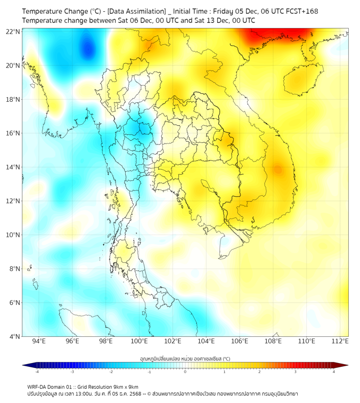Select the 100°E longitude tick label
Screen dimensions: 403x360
click(x=140, y=341)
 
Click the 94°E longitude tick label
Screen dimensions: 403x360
click(x=39, y=341)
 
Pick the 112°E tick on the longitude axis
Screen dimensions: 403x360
click(x=340, y=341)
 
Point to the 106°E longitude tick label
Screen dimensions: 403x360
click(x=240, y=341)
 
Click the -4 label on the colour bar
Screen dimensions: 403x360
click(x=37, y=372)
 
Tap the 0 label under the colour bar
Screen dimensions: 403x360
click(x=185, y=372)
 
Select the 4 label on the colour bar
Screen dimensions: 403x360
click(x=333, y=372)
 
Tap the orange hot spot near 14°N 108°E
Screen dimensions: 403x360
click(x=277, y=170)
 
